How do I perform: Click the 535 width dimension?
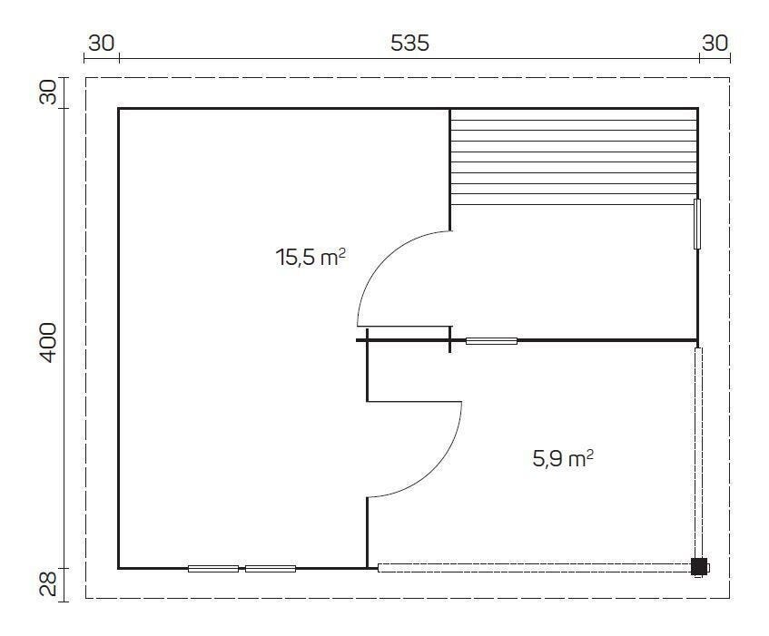[409, 44]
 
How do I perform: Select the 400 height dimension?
[48, 342]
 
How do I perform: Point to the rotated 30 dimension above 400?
[48, 93]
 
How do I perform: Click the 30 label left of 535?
[102, 44]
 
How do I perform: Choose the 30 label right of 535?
[715, 44]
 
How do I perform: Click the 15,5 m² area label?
[311, 257]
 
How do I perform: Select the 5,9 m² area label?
[563, 459]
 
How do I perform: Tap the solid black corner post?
[699, 567]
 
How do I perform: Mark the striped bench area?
[574, 157]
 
